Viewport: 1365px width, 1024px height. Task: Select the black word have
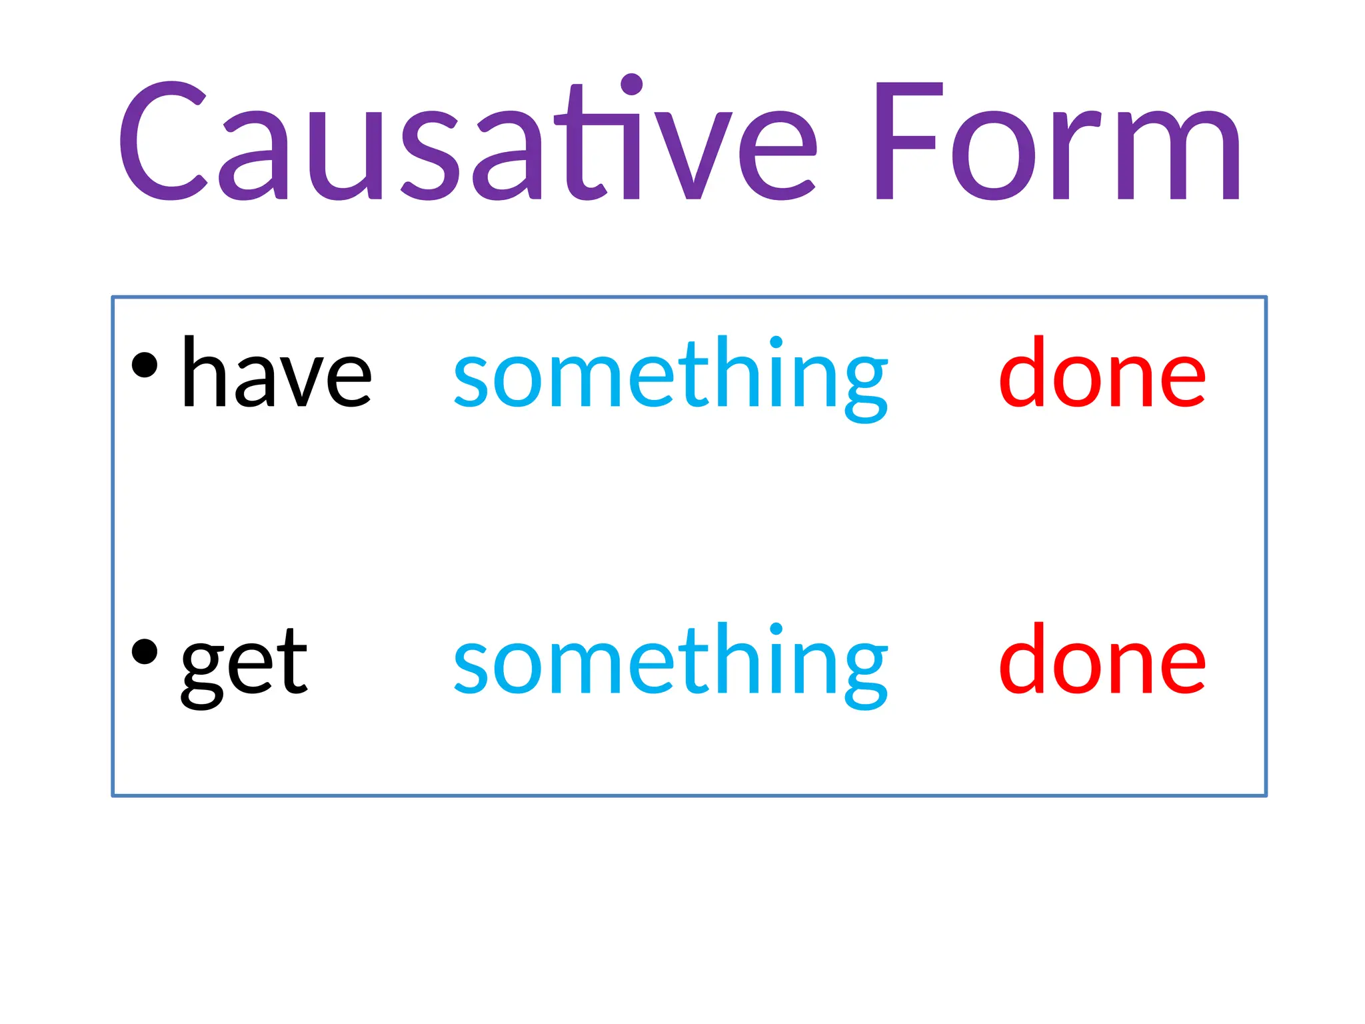click(x=276, y=373)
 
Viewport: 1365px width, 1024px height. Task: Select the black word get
click(x=244, y=664)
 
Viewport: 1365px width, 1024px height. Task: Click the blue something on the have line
click(x=671, y=377)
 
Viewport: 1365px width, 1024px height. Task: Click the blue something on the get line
click(x=671, y=664)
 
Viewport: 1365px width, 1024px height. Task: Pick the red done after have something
click(x=1102, y=373)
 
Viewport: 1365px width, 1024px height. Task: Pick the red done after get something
click(x=1102, y=660)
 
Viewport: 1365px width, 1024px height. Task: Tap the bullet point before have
click(x=145, y=365)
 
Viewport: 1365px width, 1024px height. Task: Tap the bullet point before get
click(x=145, y=652)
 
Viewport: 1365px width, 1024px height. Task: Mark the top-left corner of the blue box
click(x=113, y=297)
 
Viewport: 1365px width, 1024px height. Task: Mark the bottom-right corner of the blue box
click(x=1266, y=795)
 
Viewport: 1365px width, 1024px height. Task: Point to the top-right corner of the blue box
click(x=1266, y=297)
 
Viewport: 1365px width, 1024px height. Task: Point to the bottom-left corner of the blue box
click(x=113, y=795)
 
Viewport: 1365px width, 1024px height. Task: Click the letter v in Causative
click(x=693, y=155)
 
